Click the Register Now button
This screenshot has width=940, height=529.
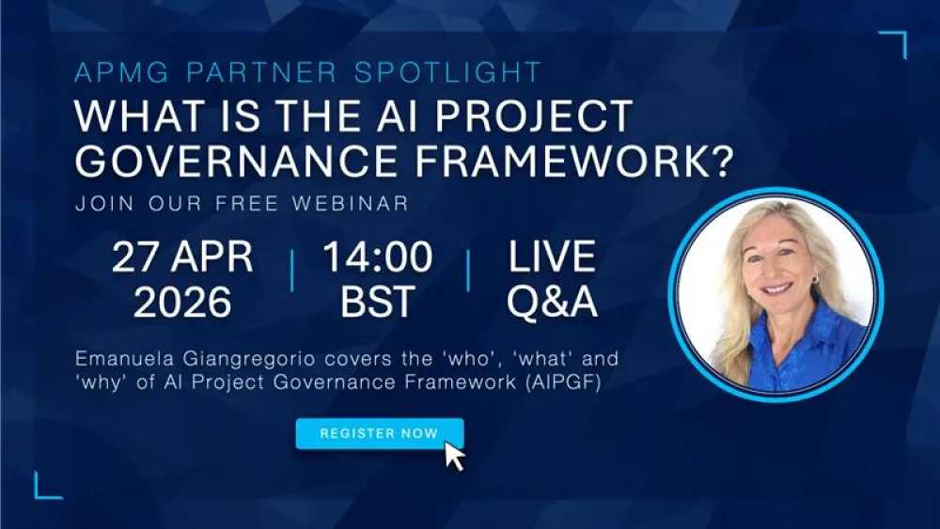pos(379,433)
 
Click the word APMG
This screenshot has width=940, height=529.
pos(117,72)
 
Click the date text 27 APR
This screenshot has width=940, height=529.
pos(182,257)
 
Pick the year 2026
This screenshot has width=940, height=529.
pos(182,302)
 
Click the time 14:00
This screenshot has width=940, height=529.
pos(378,257)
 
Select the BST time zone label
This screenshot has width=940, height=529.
pos(378,302)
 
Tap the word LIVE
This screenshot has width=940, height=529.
pos(552,257)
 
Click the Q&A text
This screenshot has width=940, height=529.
pos(552,302)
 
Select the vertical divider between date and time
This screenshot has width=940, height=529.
pos(291,271)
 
